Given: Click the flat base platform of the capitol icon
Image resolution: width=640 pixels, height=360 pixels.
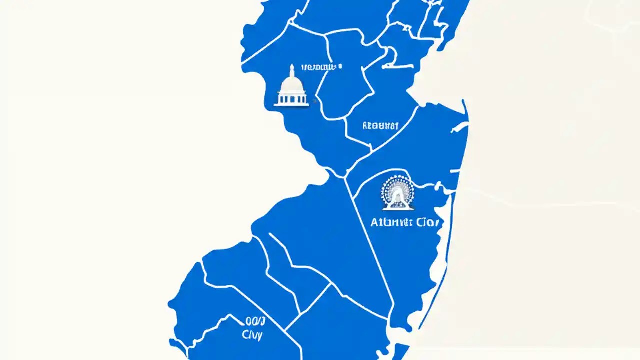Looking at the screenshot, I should (x=291, y=105).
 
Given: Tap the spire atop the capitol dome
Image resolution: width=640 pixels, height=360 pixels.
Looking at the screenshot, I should (x=291, y=68).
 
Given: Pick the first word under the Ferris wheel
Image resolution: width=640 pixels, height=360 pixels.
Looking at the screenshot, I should (x=392, y=222).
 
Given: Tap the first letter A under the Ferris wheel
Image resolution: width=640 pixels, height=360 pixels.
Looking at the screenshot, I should (x=374, y=222).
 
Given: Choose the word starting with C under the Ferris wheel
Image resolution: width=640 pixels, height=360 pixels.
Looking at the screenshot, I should (x=427, y=222).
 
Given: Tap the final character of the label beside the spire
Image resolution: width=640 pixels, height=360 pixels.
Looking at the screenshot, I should (x=340, y=66).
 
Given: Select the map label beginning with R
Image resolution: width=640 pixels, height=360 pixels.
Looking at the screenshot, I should (x=380, y=126).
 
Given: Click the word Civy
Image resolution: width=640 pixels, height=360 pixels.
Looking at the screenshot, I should (x=252, y=335).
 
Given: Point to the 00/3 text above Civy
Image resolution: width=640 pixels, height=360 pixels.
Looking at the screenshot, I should (x=255, y=321).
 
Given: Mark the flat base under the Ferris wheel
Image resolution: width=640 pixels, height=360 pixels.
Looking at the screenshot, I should (x=397, y=208).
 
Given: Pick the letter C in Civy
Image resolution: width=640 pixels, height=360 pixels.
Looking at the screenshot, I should (x=245, y=335).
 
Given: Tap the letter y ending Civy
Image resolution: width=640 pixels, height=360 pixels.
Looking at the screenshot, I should (x=260, y=336).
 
